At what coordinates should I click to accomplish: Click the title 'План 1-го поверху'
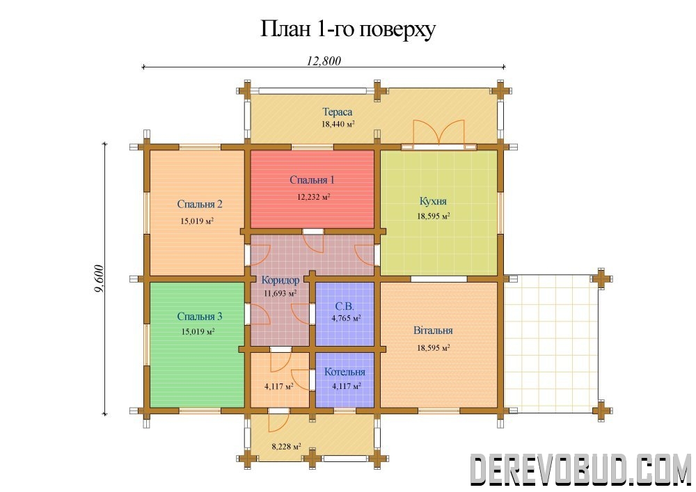[x=347, y=30]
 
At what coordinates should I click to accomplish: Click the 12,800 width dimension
[x=324, y=61]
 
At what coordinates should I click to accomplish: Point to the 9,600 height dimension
[x=99, y=278]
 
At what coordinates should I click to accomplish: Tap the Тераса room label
[x=338, y=112]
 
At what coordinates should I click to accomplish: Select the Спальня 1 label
[x=312, y=180]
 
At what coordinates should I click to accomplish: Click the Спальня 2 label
[x=200, y=204]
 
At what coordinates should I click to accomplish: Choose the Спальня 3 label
[x=200, y=317]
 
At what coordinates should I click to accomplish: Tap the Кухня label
[x=433, y=201]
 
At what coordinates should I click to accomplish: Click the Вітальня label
[x=433, y=331]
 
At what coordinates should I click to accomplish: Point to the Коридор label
[x=280, y=280]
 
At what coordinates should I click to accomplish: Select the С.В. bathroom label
[x=345, y=307]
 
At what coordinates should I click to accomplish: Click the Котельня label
[x=345, y=372]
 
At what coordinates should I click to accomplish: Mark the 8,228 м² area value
[x=286, y=446]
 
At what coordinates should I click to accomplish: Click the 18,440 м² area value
[x=338, y=125]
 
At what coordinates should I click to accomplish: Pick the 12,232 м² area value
[x=313, y=196]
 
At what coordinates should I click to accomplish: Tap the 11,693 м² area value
[x=280, y=293]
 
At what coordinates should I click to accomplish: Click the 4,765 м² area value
[x=346, y=318]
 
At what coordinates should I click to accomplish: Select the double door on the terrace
[x=439, y=132]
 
